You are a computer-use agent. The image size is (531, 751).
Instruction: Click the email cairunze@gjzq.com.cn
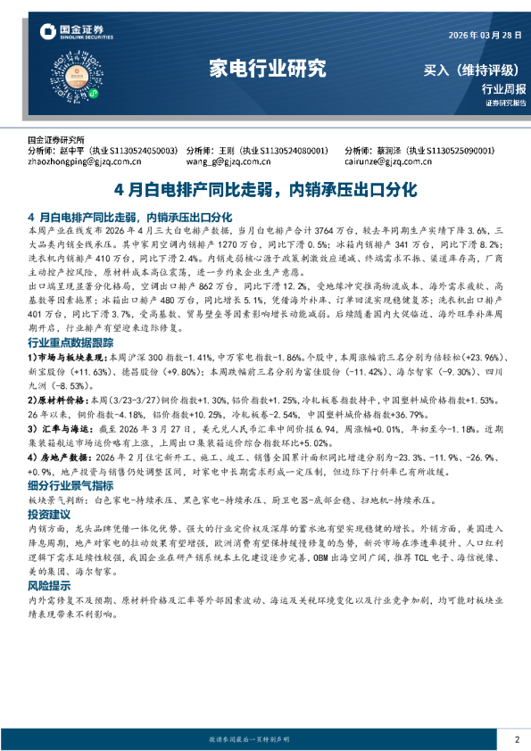coord(391,162)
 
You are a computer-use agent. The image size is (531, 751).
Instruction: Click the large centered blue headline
coord(265,190)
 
